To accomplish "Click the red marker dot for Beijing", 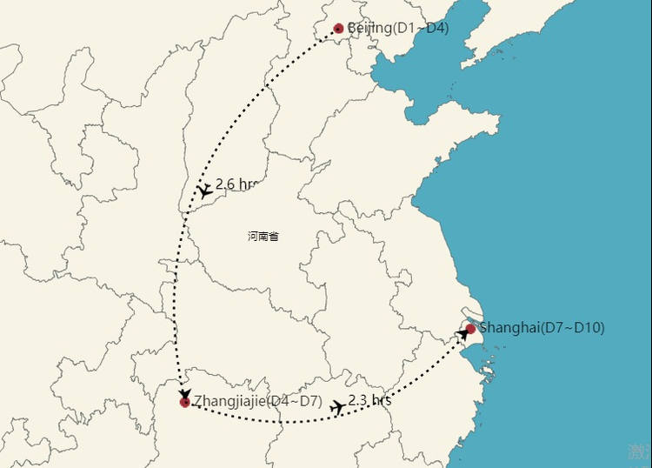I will coord(338,29).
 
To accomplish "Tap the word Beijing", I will coord(369,29).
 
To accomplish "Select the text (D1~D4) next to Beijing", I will coord(421,29).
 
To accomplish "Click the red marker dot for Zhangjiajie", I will coord(184,402).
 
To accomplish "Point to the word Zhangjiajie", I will coord(229,402).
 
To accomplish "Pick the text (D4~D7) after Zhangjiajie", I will coord(293,402).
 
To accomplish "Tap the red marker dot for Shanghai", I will coord(470,329).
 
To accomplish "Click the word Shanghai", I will coord(510,328).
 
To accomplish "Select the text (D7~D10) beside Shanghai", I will coord(573,328).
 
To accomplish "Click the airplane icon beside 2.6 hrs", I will coord(203,191).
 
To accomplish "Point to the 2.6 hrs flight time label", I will coord(236,184).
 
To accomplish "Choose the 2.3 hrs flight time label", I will coord(369,400).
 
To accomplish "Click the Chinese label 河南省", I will coord(263,236).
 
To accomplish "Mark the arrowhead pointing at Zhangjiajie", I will coord(184,394).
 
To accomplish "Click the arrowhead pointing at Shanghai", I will coord(462,333).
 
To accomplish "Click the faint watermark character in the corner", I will coord(639,451).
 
